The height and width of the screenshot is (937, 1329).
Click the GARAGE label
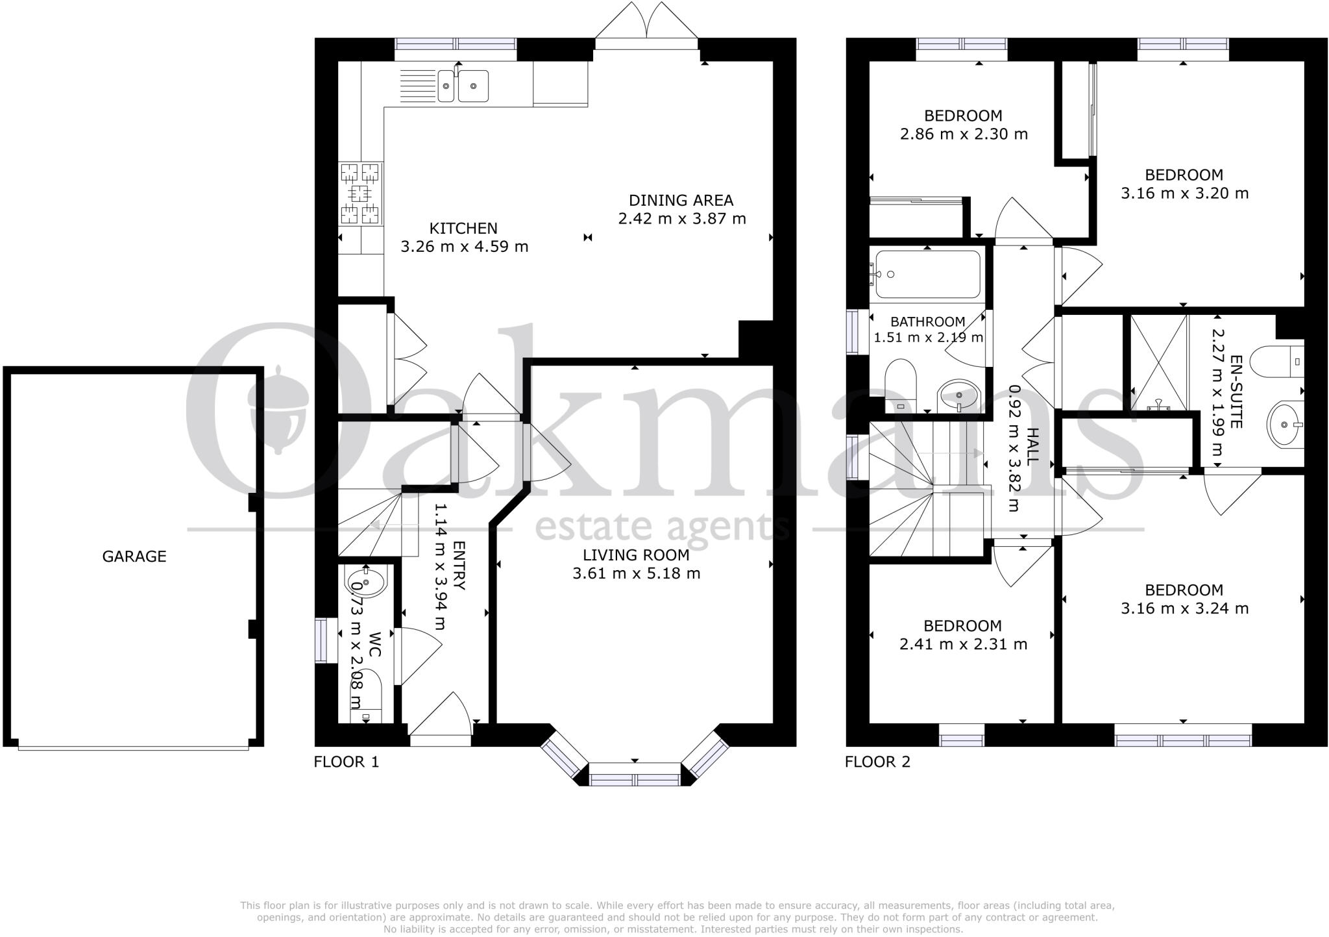134,556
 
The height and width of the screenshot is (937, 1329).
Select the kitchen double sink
463,86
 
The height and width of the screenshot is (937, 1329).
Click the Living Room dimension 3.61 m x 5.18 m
636,573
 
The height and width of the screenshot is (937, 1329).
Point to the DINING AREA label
681,201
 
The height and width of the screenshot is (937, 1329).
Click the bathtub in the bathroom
927,274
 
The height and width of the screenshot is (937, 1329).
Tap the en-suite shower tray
1159,362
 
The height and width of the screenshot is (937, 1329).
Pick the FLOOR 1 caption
346,762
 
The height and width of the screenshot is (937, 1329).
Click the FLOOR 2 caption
877,762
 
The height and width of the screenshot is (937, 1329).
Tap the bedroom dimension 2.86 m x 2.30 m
963,134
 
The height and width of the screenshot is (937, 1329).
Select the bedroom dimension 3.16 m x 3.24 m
1184,608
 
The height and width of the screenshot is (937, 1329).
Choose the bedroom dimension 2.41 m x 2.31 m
962,644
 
